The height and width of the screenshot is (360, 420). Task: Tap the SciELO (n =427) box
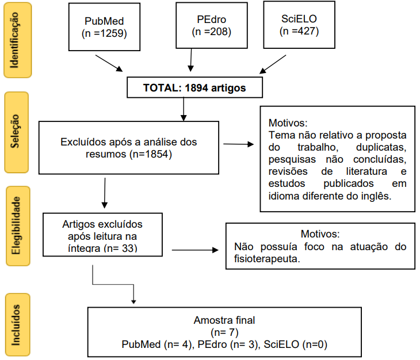[x=297, y=25]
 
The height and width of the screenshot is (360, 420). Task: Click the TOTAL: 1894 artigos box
[x=194, y=88]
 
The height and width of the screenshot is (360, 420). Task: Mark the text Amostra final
[x=224, y=320]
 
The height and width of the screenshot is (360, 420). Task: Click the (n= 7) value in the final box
[x=224, y=332]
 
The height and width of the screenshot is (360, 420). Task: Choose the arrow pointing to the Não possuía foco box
[x=196, y=250]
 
